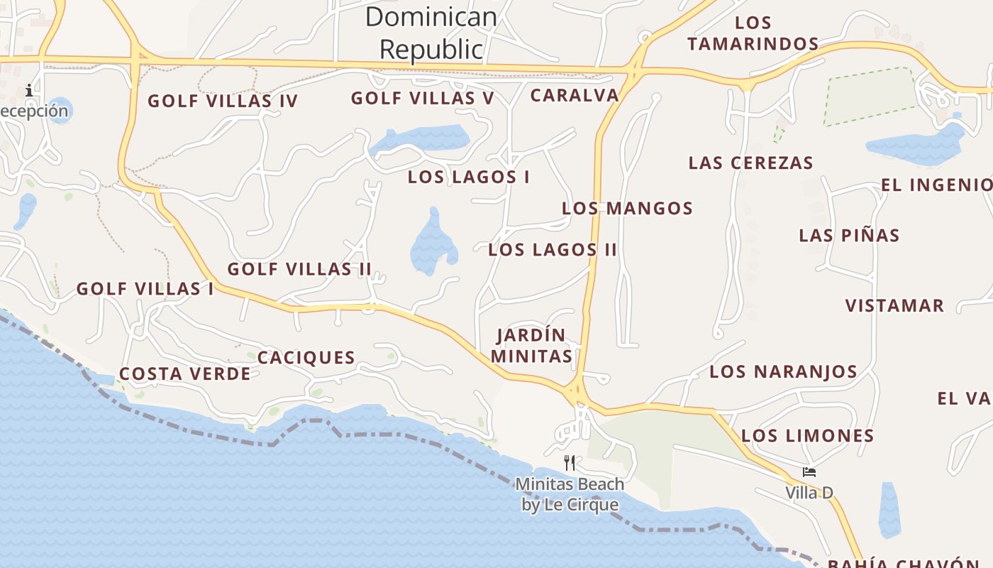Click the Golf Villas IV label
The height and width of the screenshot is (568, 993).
[223, 101]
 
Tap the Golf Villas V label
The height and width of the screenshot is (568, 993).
[423, 98]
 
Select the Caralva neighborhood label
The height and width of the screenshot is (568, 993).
[575, 95]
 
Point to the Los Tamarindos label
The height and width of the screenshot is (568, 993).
[753, 33]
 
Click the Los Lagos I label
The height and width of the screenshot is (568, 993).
[469, 177]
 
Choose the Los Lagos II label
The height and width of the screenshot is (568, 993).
[553, 249]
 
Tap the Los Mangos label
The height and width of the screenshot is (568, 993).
[627, 208]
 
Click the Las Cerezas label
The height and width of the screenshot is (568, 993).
[750, 163]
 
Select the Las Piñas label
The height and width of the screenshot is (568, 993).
[849, 235]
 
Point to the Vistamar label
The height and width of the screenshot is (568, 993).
[894, 306]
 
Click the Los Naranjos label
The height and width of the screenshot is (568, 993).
[783, 371]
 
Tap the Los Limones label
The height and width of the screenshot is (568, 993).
[807, 435]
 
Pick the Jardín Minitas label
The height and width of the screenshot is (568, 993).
[532, 345]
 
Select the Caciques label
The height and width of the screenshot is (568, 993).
[306, 357]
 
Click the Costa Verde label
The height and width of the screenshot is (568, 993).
[184, 373]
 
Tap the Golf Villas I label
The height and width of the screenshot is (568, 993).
[145, 289]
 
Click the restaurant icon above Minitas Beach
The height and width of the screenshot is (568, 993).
[570, 463]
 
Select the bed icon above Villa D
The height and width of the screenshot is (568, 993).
[809, 472]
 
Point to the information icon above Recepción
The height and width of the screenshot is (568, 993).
[29, 90]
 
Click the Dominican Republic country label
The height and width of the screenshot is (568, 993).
[431, 33]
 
